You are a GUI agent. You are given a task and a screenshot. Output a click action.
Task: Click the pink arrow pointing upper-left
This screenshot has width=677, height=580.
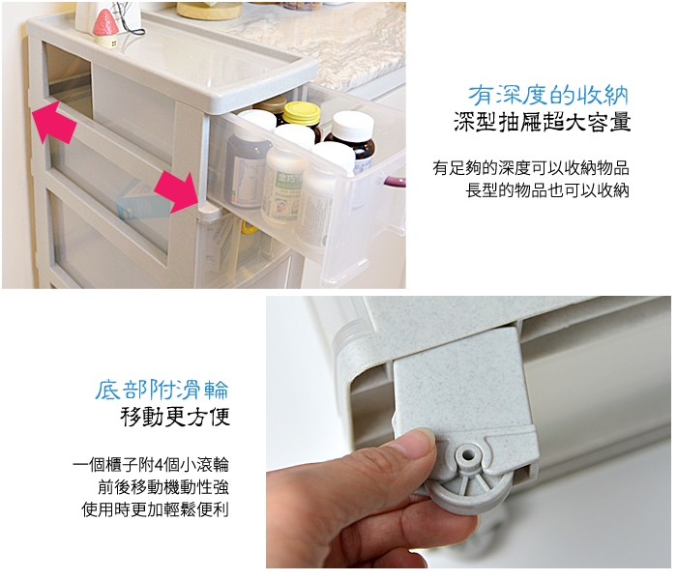(x=52, y=121)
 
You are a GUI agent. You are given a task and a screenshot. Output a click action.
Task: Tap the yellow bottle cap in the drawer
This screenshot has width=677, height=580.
(x=302, y=113)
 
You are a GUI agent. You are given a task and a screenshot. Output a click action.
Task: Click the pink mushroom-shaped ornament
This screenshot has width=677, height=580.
(x=105, y=27)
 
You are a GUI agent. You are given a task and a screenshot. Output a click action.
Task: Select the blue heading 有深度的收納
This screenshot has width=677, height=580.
(x=548, y=96)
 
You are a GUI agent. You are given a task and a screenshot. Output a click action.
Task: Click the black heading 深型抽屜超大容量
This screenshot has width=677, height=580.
(x=542, y=122)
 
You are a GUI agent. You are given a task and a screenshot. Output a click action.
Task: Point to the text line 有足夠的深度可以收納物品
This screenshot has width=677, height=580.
(x=531, y=168)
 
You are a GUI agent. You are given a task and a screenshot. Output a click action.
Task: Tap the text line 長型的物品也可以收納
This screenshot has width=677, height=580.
(x=547, y=190)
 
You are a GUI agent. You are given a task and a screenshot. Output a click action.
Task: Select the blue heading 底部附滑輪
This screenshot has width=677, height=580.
(x=162, y=391)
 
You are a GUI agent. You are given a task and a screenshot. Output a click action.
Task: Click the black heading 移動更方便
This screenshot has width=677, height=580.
(x=175, y=417)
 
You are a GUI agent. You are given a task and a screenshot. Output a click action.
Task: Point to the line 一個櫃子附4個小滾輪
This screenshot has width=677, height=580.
(x=151, y=465)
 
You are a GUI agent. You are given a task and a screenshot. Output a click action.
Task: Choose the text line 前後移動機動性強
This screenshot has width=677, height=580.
(x=163, y=487)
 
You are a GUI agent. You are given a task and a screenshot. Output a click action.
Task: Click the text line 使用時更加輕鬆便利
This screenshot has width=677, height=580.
(x=155, y=509)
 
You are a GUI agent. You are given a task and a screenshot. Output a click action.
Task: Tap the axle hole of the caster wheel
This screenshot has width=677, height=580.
(x=467, y=455)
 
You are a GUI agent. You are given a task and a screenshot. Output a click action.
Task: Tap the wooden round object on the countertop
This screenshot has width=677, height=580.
(x=210, y=10)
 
